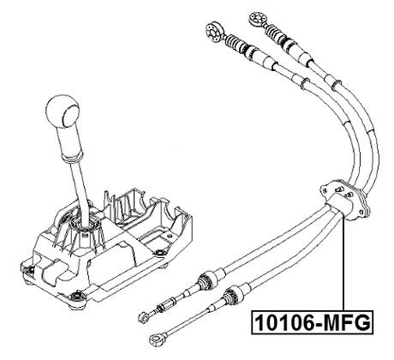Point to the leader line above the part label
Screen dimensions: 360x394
[x=343, y=266]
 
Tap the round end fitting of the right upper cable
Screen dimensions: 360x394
[x=255, y=16]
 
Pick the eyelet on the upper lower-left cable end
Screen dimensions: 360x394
[x=140, y=316]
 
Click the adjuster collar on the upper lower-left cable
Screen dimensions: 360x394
[x=204, y=279]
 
